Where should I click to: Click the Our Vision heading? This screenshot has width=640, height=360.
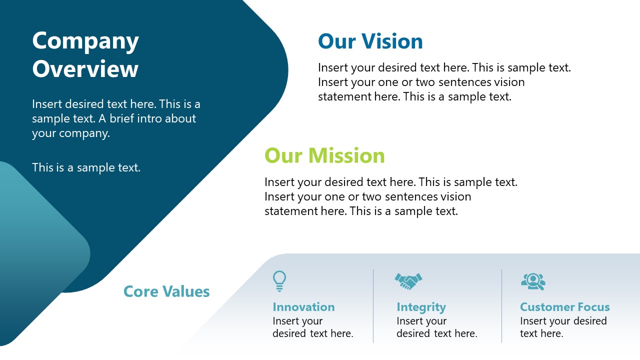[x=370, y=41]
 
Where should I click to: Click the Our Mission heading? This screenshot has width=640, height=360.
[x=324, y=155]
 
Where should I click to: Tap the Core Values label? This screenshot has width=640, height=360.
[x=166, y=291]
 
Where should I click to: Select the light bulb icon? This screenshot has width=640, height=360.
[x=279, y=280]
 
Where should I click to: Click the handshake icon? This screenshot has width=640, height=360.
[x=408, y=281]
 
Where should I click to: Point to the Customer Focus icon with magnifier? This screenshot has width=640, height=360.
[x=533, y=281]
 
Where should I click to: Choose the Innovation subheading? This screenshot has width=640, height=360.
[x=303, y=307]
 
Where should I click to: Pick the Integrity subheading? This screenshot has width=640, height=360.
[x=421, y=307]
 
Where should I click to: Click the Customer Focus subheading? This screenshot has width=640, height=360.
[x=564, y=307]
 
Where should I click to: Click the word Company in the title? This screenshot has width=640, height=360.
[x=85, y=41]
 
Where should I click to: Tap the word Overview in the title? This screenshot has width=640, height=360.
[x=85, y=69]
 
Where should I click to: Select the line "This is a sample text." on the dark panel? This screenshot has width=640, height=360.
[x=86, y=167]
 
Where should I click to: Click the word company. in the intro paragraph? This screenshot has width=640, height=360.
[x=84, y=133]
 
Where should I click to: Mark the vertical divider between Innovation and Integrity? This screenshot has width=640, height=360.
[x=373, y=306]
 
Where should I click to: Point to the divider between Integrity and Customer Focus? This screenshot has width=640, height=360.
[x=502, y=306]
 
